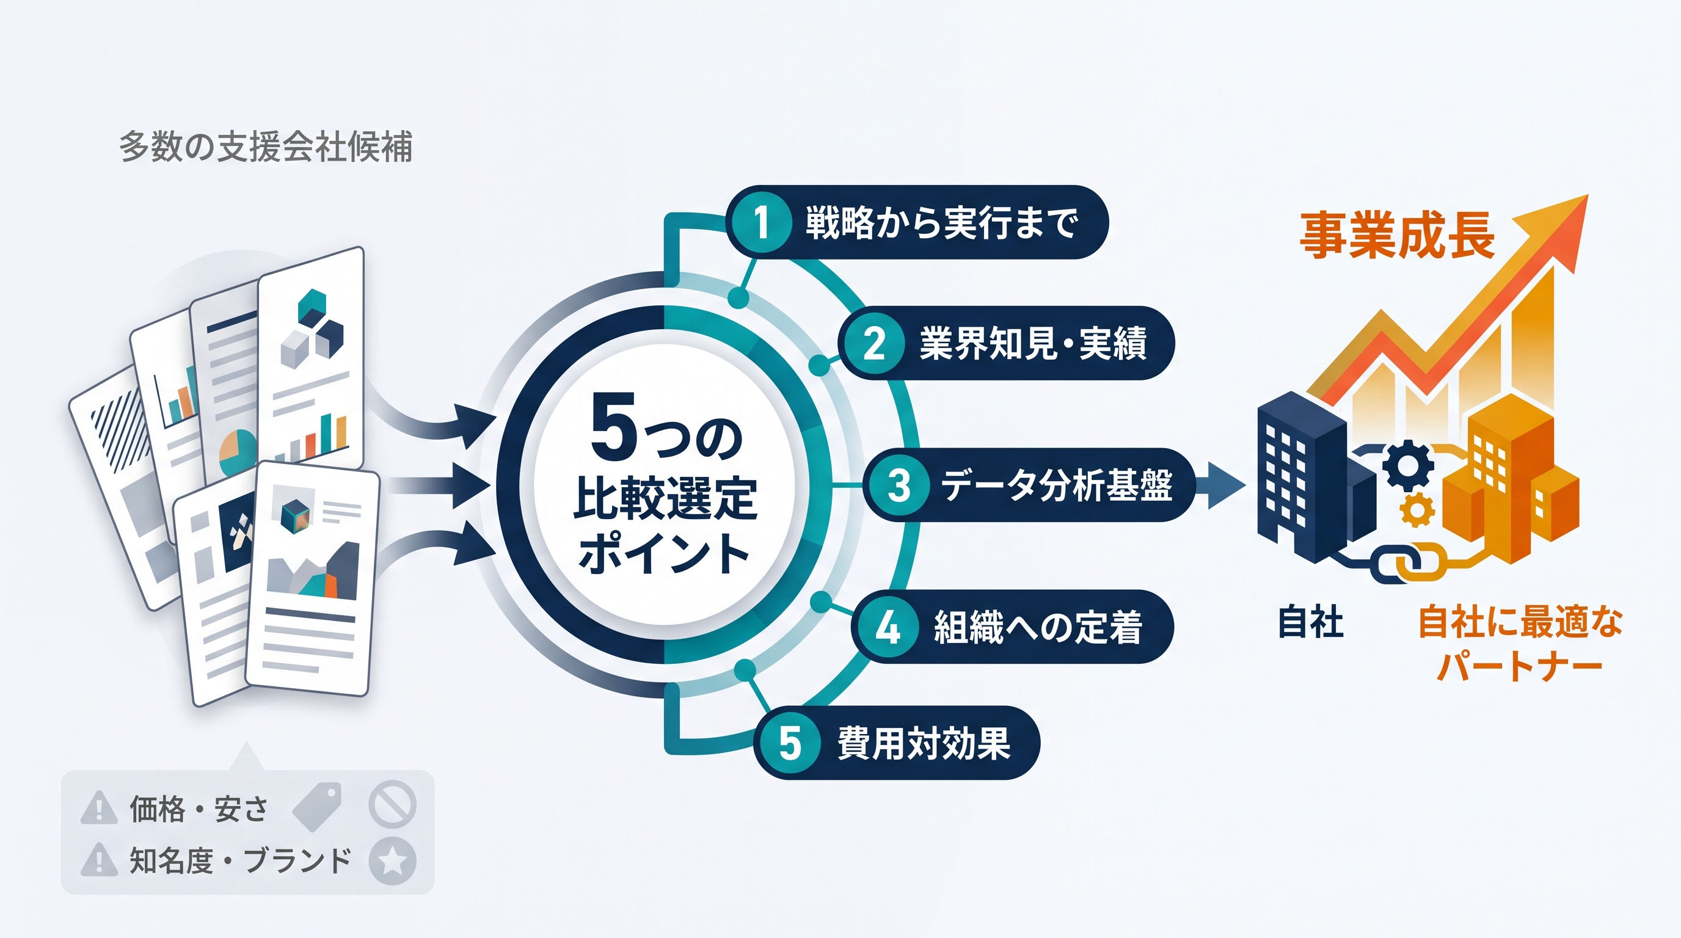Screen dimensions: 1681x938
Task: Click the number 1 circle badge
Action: pyautogui.click(x=761, y=222)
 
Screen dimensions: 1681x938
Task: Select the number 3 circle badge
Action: pyautogui.click(x=899, y=485)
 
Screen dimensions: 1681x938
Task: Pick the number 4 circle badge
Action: pyautogui.click(x=888, y=627)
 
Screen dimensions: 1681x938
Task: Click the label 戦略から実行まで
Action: pyautogui.click(x=942, y=223)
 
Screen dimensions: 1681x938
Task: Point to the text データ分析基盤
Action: pyautogui.click(x=1057, y=485)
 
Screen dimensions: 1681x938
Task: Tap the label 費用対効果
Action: pyautogui.click(x=924, y=743)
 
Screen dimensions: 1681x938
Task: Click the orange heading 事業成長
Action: pyautogui.click(x=1397, y=236)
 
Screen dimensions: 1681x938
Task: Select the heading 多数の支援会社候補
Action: pyautogui.click(x=266, y=147)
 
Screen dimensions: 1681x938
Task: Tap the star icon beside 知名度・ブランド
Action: pyautogui.click(x=392, y=861)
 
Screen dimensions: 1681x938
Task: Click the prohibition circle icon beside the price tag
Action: pyautogui.click(x=392, y=804)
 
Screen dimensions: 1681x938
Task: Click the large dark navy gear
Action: pyautogui.click(x=1407, y=465)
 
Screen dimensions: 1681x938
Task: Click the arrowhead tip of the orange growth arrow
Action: pyautogui.click(x=1588, y=194)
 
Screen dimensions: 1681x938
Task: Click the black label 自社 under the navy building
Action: pyautogui.click(x=1310, y=621)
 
